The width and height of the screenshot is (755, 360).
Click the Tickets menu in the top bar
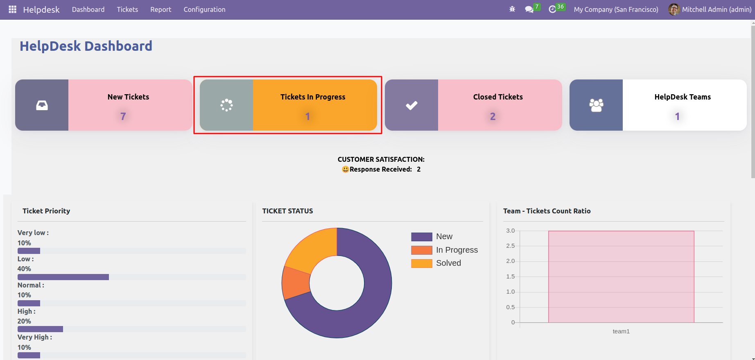point(127,9)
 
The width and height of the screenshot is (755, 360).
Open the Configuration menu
point(204,9)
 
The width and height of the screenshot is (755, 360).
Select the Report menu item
point(160,9)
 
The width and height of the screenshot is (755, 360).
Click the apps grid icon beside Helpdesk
point(13,9)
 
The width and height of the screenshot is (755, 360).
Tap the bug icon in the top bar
point(512,9)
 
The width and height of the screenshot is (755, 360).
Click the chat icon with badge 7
point(529,9)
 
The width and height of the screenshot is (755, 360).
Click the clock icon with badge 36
point(552,9)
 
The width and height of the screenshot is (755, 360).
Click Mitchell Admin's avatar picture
point(674,9)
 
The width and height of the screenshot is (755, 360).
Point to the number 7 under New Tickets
point(123,116)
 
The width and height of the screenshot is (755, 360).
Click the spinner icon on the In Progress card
point(226,105)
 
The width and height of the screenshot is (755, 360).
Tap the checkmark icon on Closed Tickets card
point(411,105)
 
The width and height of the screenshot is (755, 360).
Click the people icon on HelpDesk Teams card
point(596,105)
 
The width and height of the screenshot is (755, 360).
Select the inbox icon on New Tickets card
point(42,105)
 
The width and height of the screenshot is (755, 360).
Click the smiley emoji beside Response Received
point(345,169)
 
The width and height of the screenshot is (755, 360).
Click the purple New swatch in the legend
point(422,237)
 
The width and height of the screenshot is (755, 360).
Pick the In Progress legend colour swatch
point(422,250)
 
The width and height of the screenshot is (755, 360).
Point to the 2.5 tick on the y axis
point(510,246)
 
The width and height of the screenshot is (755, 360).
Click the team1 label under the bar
point(621,331)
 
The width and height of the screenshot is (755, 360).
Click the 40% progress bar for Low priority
point(63,277)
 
